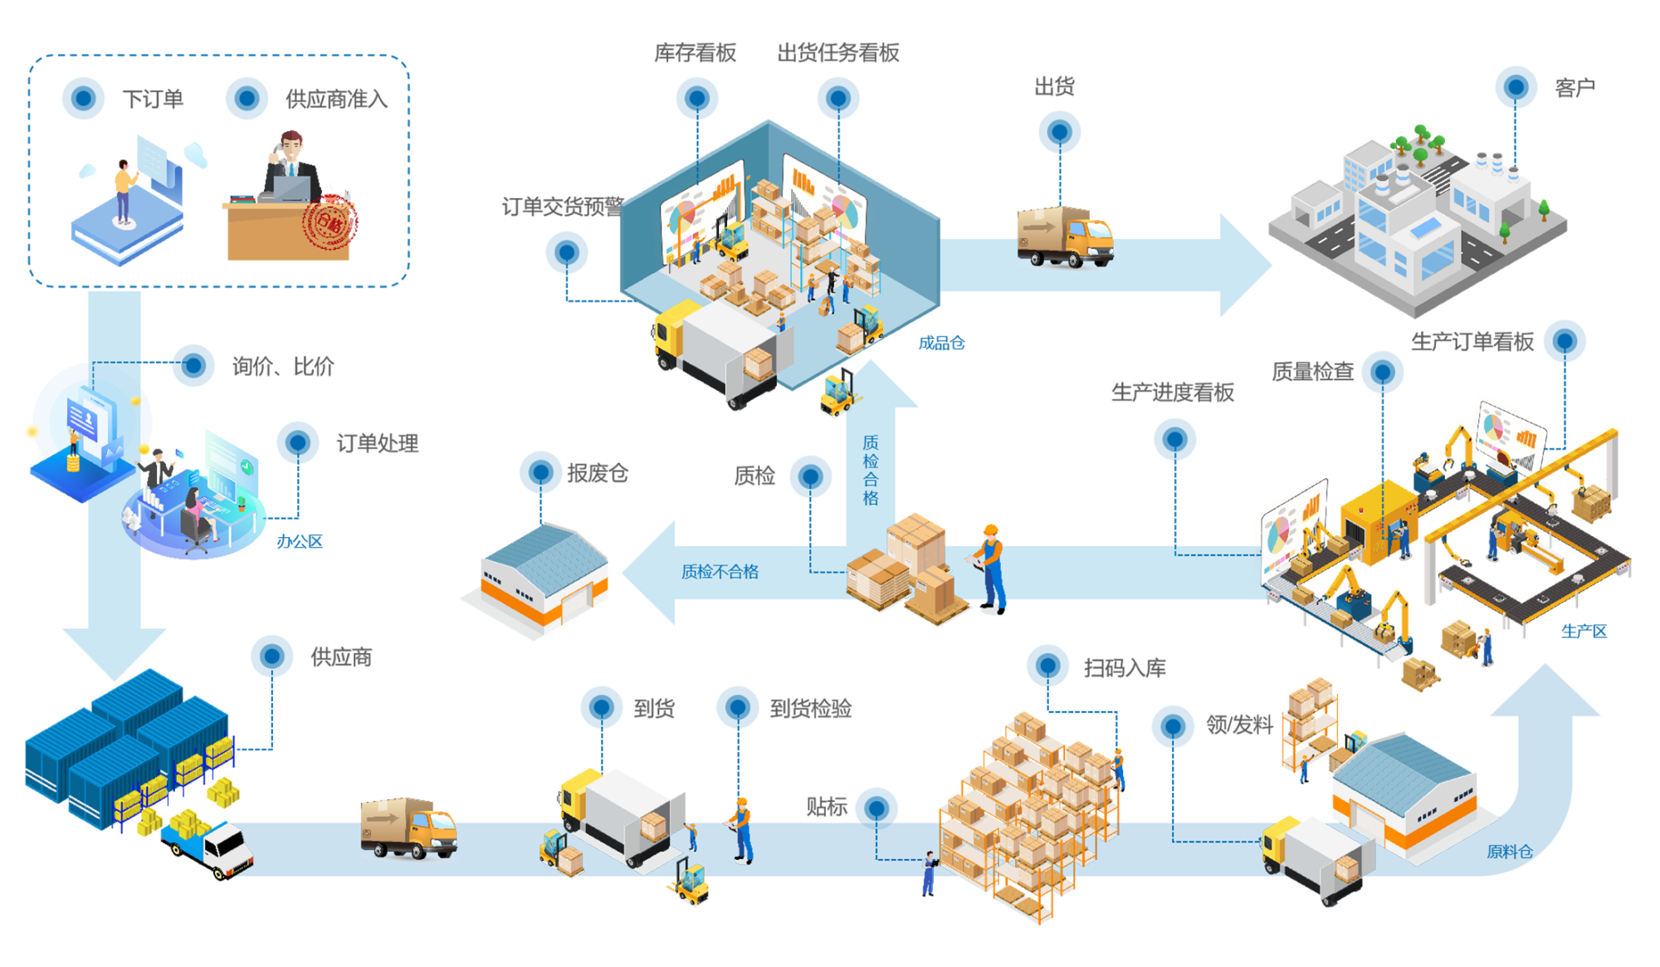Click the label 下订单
pos(153,99)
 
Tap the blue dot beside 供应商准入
pos(247,99)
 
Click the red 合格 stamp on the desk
pos(330,222)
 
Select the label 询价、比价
pos(282,366)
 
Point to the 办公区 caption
pos(299,542)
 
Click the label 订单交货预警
pos(563,207)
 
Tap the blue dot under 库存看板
pos(697,99)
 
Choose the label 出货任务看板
pos(838,53)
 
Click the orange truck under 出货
pos(1065,237)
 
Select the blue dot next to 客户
pos(1516,86)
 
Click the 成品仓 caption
pos(941,343)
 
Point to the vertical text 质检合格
pos(870,470)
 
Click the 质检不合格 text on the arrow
pos(720,572)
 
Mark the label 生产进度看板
pos(1172,393)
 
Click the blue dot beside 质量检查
pos(1383,372)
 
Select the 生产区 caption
pos(1584,632)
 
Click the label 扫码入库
pos(1125,668)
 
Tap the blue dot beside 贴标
pos(876,808)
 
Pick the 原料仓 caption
pos(1509,852)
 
